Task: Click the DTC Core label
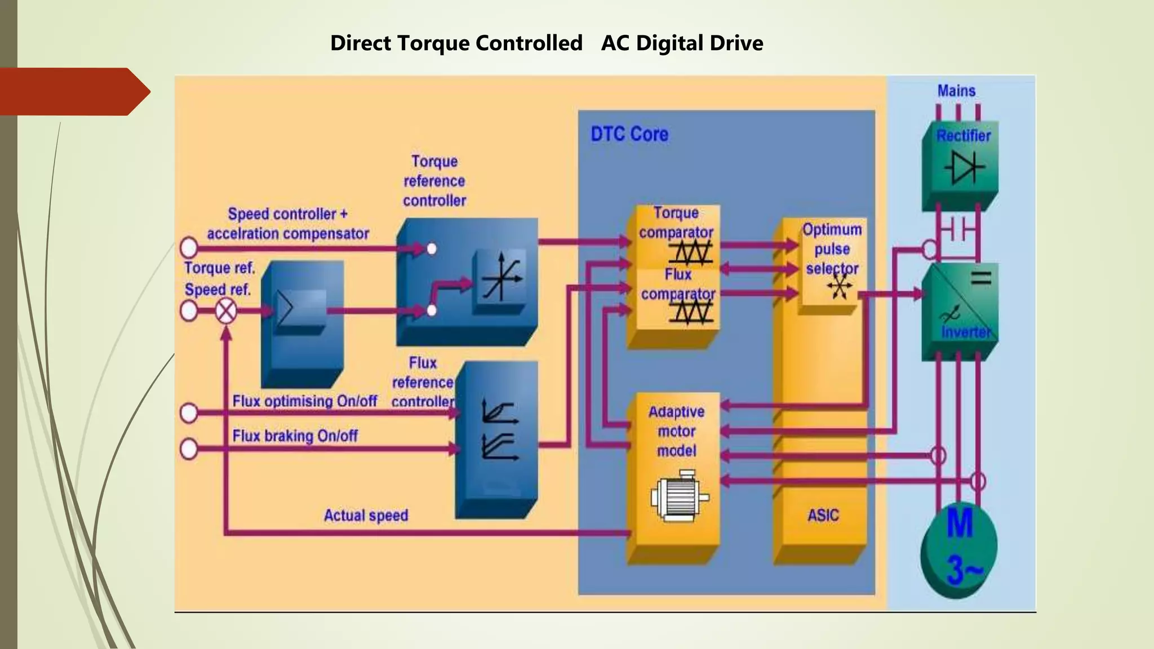click(629, 134)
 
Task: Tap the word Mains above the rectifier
click(956, 91)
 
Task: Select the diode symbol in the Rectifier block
click(964, 167)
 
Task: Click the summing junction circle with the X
click(226, 311)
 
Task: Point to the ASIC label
click(823, 515)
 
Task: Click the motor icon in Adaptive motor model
click(678, 496)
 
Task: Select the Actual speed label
click(366, 515)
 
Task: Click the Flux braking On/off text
click(295, 435)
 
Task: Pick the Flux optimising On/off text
click(304, 401)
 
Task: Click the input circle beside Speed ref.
click(189, 310)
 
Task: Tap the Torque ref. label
click(219, 268)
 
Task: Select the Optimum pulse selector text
click(832, 248)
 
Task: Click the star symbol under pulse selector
click(840, 287)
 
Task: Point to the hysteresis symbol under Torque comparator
click(691, 252)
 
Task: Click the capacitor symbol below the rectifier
click(958, 230)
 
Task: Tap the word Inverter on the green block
click(965, 332)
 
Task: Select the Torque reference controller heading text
click(434, 181)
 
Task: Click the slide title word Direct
click(360, 43)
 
